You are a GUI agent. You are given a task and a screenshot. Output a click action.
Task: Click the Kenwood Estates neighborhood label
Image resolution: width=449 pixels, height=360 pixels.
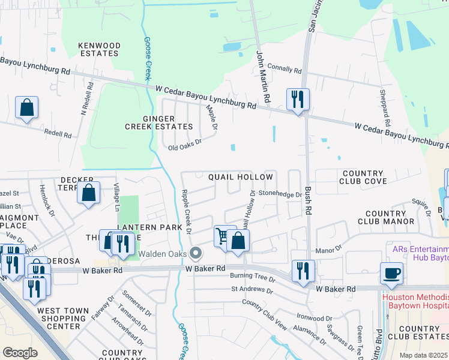point(100,49)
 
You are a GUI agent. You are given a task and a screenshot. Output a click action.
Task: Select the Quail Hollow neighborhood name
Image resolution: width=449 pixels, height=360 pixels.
point(240,177)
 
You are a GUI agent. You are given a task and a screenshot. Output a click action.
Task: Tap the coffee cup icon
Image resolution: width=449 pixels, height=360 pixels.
point(391,273)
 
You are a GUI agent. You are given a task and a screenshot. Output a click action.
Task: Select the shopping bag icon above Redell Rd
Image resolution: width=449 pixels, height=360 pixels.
point(27,108)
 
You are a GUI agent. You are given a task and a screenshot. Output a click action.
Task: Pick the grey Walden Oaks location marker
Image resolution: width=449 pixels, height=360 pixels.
point(194,253)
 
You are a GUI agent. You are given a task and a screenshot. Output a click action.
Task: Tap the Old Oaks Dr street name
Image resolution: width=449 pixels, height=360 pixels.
point(184,144)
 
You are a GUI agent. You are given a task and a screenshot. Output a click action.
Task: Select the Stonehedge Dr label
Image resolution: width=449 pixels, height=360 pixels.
point(280,194)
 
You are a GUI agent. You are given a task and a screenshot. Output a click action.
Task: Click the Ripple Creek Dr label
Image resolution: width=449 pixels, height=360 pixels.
point(185,211)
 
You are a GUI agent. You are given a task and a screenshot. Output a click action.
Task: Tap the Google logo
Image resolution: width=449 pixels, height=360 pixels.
point(20,352)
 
